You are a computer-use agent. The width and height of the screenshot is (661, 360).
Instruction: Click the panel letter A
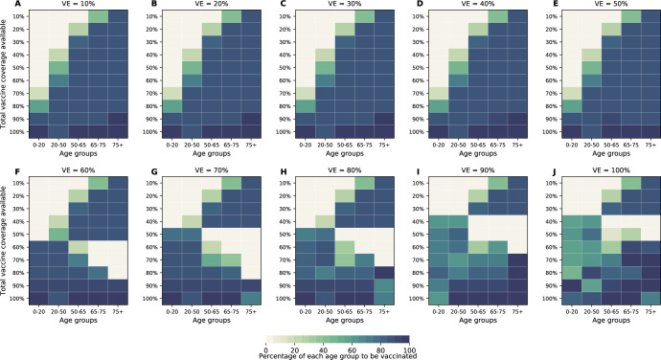6,6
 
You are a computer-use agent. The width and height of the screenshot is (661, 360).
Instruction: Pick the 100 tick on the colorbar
410,344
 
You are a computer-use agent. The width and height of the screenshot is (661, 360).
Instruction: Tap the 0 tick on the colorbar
264,344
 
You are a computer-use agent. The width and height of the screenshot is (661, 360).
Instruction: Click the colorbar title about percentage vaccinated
337,353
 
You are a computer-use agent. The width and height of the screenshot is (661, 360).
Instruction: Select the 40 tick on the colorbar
323,344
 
